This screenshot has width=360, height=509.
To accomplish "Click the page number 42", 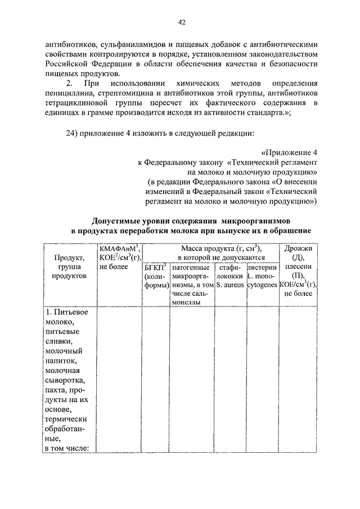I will [181, 22].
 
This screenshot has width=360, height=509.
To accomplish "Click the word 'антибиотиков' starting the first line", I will [68, 43].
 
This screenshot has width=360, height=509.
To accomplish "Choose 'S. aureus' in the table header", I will [229, 285].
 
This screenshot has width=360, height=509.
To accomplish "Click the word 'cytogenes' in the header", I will [262, 285].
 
